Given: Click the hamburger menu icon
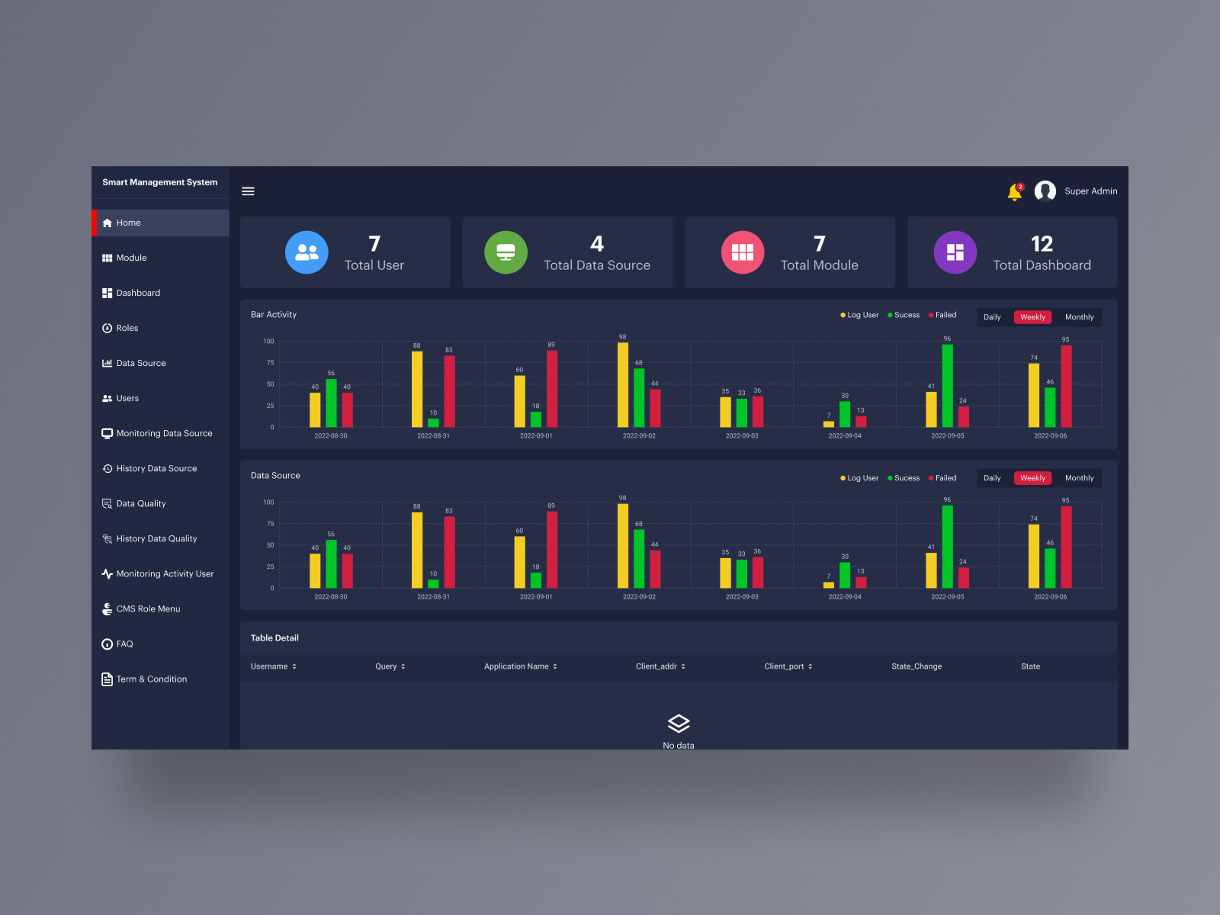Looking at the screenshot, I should coord(248,191).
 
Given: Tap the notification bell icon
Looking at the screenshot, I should coord(1014,192).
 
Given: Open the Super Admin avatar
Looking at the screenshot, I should coord(1045,191).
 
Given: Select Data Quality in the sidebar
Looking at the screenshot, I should coord(141,504).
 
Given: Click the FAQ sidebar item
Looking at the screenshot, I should coord(124,644).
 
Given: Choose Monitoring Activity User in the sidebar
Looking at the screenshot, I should coord(165,574).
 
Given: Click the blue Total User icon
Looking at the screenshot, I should coord(307,252).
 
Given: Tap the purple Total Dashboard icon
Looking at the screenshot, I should coord(955,252).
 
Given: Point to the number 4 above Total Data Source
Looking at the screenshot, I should coord(596,244).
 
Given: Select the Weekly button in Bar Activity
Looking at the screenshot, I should coord(1032,317).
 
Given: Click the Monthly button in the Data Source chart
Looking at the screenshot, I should coord(1079,478).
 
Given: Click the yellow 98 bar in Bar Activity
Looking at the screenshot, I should coord(623,385).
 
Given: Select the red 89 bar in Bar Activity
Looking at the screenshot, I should coord(552,389).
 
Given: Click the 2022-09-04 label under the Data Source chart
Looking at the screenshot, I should coord(845,597).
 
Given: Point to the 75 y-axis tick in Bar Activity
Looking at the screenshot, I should coord(270,363).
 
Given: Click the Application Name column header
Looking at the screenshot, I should coord(516,666).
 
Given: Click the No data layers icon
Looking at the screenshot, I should coord(679,723).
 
